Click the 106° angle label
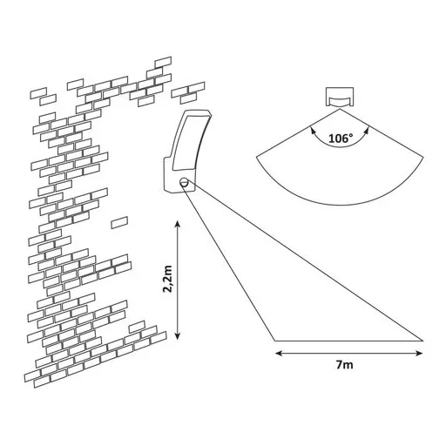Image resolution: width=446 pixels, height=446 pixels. click(x=341, y=139)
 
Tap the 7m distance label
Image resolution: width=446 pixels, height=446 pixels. click(x=345, y=364)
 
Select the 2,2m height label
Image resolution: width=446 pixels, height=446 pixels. click(x=168, y=279)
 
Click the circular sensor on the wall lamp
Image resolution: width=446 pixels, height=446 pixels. click(x=184, y=182)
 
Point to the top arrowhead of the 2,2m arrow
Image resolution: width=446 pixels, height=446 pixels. click(x=178, y=224)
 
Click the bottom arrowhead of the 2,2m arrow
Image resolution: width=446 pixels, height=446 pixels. click(x=178, y=335)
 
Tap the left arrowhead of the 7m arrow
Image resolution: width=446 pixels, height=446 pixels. click(x=279, y=353)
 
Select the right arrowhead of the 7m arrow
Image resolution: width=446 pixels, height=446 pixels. click(x=419, y=353)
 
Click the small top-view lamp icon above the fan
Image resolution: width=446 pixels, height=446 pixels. click(x=339, y=97)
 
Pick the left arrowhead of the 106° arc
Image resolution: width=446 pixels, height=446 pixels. click(x=313, y=130)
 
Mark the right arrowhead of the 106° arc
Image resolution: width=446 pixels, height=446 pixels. click(x=366, y=130)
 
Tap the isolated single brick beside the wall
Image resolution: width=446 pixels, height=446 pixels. click(x=119, y=222)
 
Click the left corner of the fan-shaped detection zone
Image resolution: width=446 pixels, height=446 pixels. click(x=256, y=157)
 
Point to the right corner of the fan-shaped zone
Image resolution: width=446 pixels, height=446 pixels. click(x=422, y=158)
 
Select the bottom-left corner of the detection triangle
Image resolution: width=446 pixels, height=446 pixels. click(x=274, y=341)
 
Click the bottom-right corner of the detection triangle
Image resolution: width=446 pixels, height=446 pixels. click(x=422, y=341)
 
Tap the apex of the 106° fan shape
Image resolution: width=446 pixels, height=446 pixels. click(x=340, y=109)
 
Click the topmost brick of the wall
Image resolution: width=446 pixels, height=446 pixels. click(x=163, y=62)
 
